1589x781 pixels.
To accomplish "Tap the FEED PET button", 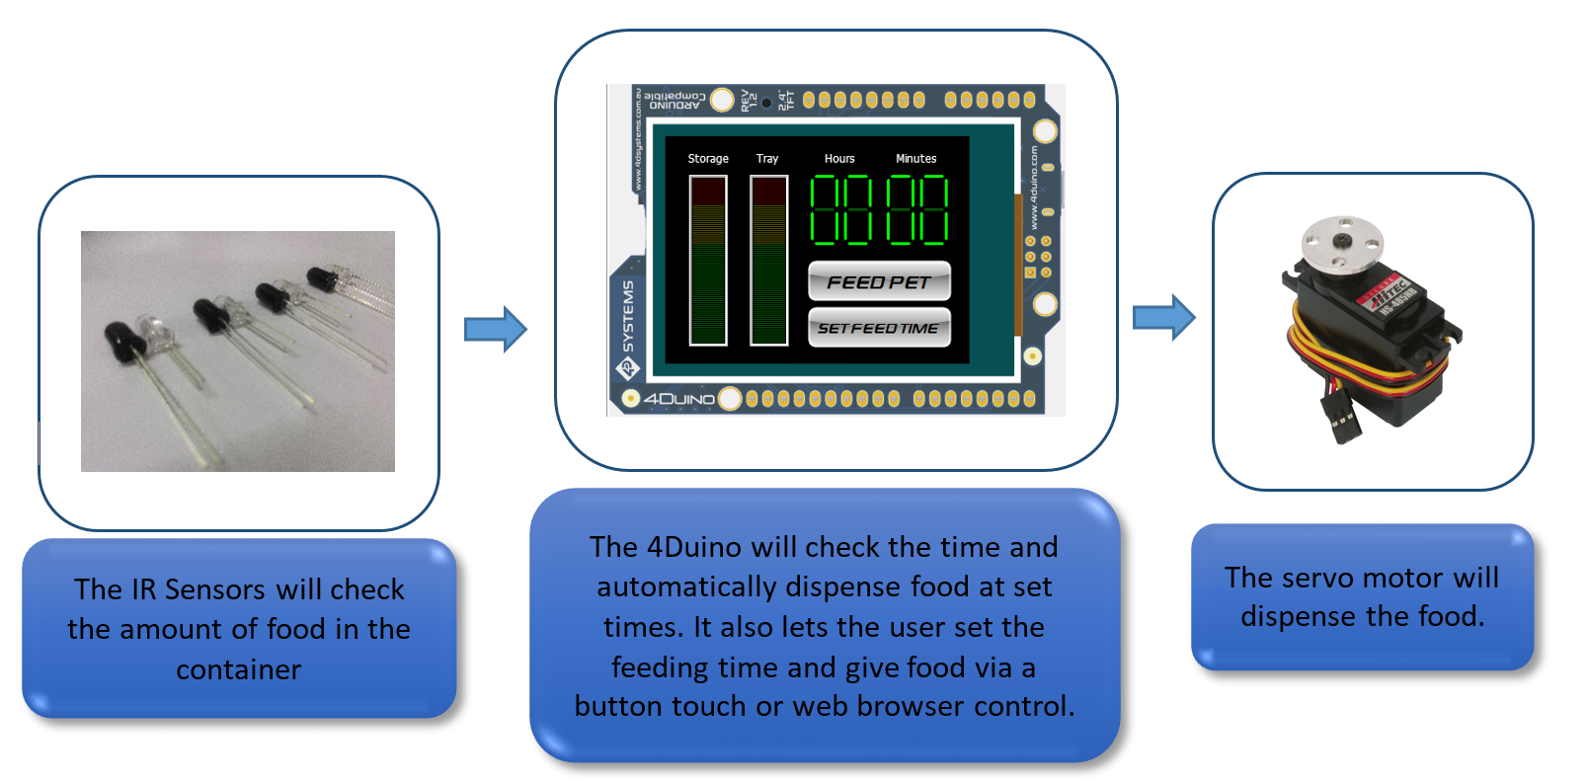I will [879, 282].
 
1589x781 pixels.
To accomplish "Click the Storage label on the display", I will [708, 159].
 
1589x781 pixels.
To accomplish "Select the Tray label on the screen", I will [767, 159].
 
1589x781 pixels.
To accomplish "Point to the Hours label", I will [839, 159].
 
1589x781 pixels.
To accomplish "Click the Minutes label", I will [915, 159].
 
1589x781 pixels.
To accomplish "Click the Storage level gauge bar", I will [708, 261].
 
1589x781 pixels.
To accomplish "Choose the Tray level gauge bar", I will [768, 261].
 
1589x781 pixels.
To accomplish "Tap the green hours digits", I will [841, 210].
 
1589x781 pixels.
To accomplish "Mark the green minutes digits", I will [916, 210].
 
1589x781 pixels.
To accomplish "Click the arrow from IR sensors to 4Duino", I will [496, 329].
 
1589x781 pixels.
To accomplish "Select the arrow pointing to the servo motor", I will [1163, 317].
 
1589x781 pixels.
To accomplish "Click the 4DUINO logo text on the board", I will [679, 399].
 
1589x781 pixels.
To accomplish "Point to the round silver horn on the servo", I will [1342, 243].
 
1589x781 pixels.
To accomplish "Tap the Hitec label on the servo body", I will [1390, 294].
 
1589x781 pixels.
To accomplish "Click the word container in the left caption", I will [238, 669].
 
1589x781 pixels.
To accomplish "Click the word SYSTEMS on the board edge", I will [629, 316].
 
